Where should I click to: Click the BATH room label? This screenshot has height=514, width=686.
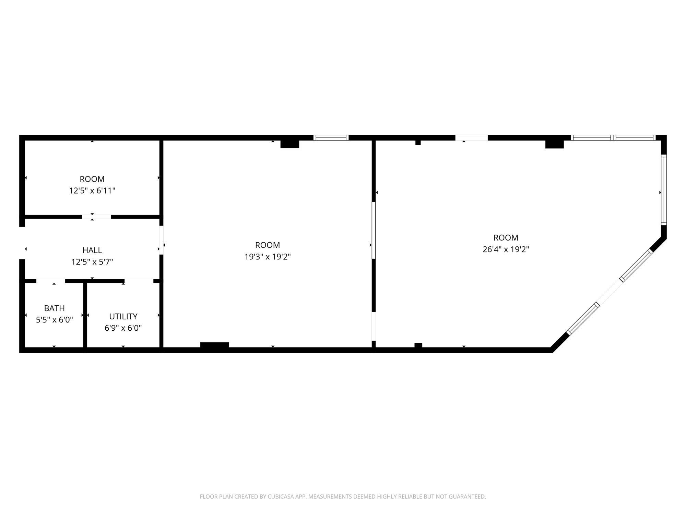point(54,308)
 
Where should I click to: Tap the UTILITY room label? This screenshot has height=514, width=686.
point(123,316)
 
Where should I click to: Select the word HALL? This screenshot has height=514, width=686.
point(92,250)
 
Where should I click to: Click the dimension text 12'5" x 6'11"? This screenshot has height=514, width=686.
point(92,191)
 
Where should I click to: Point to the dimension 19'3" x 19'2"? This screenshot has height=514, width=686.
point(268,257)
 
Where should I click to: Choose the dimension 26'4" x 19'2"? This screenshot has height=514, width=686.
point(506,249)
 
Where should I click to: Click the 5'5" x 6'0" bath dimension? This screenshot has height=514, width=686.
point(54,320)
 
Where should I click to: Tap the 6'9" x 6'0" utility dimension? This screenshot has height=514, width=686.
point(123,328)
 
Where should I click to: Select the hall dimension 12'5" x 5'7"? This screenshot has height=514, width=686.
point(92,262)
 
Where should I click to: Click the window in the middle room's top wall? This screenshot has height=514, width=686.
point(331,138)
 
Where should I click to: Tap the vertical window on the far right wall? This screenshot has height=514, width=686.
point(664,190)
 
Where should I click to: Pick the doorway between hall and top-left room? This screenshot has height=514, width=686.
point(96,217)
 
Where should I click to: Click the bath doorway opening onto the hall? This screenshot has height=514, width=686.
point(51,281)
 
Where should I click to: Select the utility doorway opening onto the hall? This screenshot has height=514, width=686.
point(139,281)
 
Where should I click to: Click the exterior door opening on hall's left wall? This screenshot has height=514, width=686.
point(22,243)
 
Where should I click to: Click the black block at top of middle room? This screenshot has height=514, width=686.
point(290,144)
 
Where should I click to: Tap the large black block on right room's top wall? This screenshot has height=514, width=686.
point(555,144)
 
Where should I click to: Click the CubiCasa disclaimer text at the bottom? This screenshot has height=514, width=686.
point(343,497)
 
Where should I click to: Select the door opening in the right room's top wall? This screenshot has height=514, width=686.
point(472,138)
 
